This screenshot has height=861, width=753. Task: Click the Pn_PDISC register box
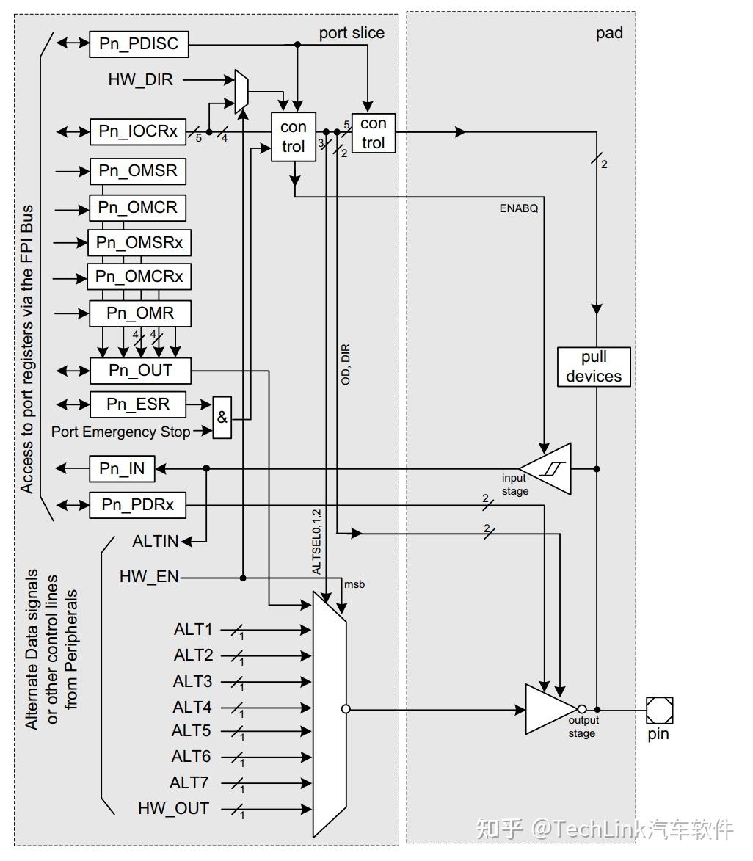point(139,44)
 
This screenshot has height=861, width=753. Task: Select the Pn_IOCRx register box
point(139,132)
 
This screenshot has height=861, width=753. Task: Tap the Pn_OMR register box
point(140,313)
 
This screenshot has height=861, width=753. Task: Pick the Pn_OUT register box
point(140,370)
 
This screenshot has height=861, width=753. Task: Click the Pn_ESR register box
point(138,404)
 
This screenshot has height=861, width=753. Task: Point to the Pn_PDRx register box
point(138,505)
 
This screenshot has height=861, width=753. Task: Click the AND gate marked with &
point(222,418)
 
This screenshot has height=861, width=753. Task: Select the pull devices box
point(594,366)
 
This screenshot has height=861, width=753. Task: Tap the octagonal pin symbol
point(659,710)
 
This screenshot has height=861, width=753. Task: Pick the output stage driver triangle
point(552,709)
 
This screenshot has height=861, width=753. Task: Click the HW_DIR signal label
point(141,79)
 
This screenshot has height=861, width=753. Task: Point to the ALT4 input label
point(192,708)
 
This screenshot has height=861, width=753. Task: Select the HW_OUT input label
point(173,809)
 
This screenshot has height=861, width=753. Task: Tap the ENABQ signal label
point(519,208)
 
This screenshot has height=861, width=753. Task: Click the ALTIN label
point(156,542)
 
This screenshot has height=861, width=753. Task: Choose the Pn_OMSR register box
point(138,171)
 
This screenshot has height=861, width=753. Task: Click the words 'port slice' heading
point(352,33)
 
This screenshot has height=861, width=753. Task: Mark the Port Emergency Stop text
point(120,432)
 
